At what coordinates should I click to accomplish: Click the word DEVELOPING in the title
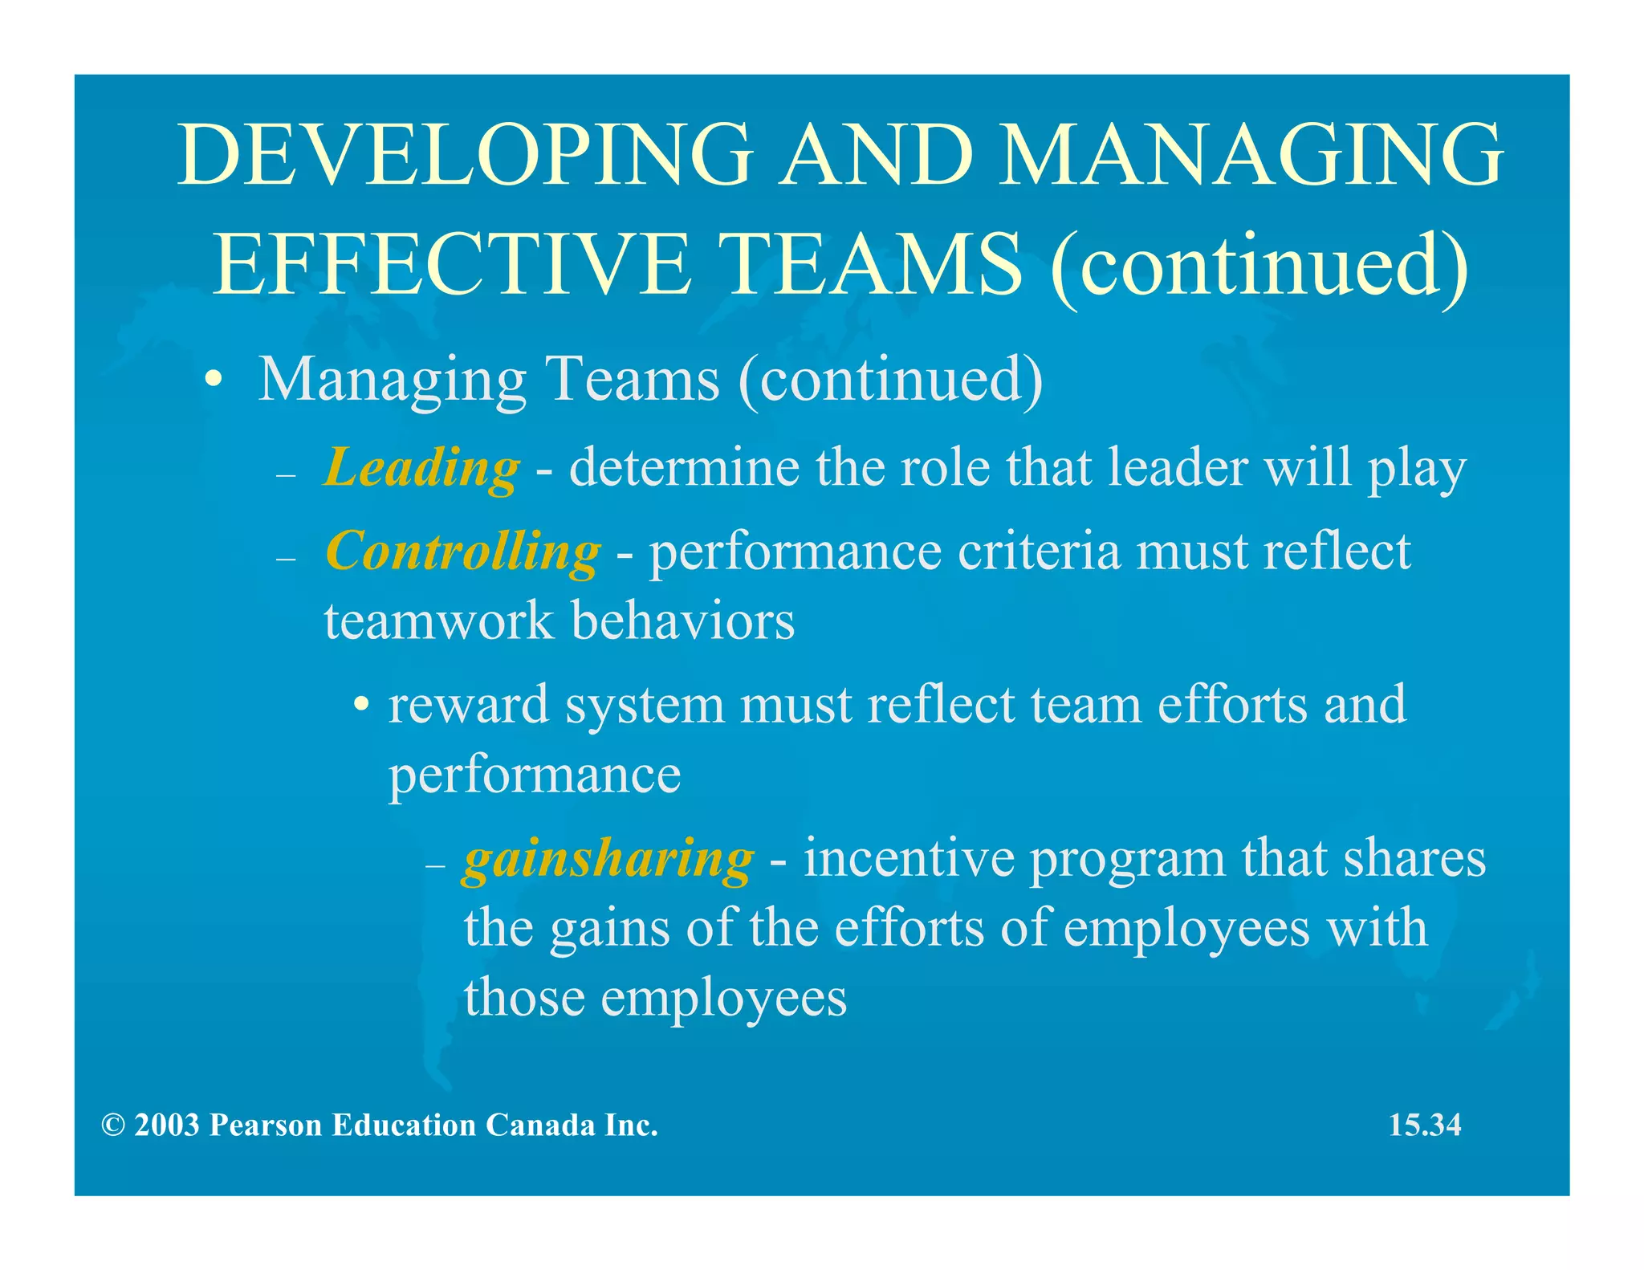click(x=464, y=155)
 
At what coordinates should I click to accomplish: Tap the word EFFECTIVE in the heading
click(x=452, y=264)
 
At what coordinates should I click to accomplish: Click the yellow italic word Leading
click(x=421, y=467)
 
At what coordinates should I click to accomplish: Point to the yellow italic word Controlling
click(x=462, y=552)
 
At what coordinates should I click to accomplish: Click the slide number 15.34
click(x=1425, y=1125)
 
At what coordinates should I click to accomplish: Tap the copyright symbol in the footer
click(x=112, y=1125)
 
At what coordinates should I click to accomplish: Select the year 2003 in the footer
click(x=167, y=1125)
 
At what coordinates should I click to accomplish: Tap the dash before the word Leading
click(x=286, y=474)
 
